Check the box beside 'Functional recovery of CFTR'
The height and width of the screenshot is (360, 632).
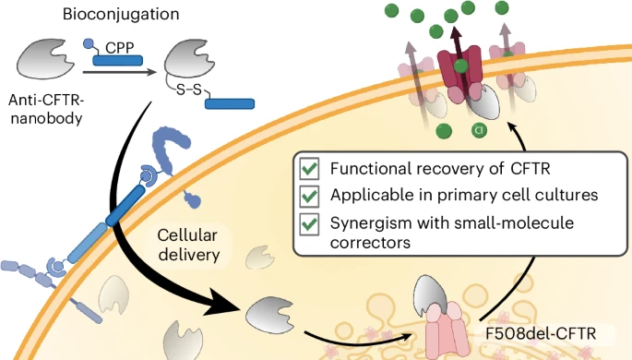pos(311,170)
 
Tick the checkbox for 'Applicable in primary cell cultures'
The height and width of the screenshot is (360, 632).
pos(311,197)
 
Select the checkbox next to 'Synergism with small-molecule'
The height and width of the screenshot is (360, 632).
pos(311,223)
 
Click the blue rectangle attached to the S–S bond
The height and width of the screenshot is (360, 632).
pos(230,102)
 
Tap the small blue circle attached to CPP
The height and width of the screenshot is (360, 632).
pos(89,42)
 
